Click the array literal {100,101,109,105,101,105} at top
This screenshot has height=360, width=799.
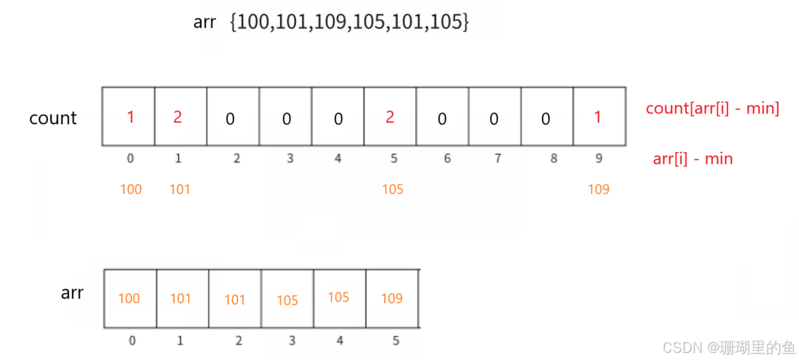[350, 23]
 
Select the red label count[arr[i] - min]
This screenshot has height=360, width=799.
[712, 109]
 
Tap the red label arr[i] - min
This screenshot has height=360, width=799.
[692, 158]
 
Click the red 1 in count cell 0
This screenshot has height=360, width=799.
[131, 117]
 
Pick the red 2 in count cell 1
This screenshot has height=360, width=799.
[177, 117]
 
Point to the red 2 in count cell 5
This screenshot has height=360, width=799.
[390, 116]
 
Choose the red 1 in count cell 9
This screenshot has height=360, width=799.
[597, 117]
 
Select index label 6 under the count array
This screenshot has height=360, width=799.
[447, 158]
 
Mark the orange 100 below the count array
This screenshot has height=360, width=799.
[131, 189]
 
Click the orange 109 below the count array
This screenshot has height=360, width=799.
[599, 189]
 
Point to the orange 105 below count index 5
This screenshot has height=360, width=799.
[392, 189]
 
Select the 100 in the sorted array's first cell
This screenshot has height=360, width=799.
[129, 299]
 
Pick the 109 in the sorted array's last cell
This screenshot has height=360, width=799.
[392, 299]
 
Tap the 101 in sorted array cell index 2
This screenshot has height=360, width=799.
[235, 300]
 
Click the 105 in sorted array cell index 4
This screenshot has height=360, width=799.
[339, 297]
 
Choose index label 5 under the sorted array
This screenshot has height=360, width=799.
[396, 340]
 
